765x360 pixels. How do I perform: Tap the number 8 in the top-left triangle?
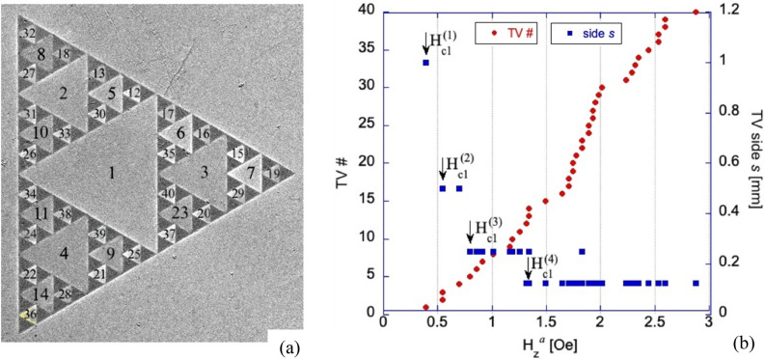click(x=41, y=55)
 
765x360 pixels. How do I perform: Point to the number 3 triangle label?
click(x=204, y=173)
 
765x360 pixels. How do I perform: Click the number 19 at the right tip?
click(x=274, y=173)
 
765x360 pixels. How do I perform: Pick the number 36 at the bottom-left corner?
click(x=31, y=314)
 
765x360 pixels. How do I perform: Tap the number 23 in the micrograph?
click(x=179, y=212)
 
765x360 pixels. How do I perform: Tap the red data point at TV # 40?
click(x=697, y=13)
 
